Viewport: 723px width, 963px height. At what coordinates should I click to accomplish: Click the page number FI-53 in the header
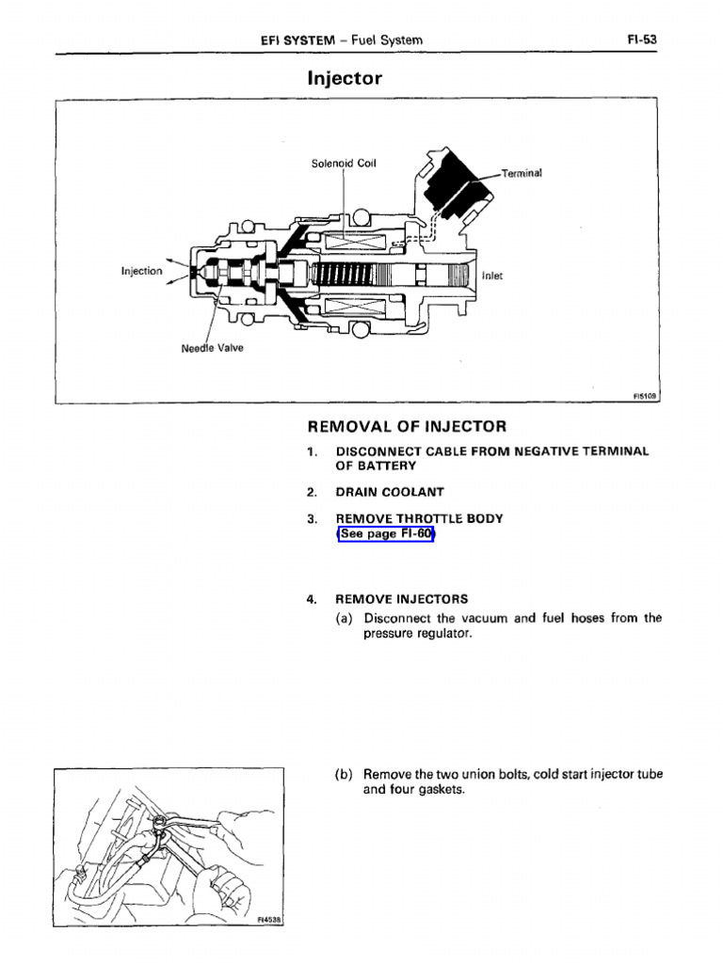[x=641, y=39]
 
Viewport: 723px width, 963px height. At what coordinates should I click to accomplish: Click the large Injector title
[x=345, y=78]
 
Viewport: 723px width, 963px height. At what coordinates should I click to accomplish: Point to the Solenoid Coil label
[x=344, y=164]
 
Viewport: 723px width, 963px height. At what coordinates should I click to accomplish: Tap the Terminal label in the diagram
[x=522, y=173]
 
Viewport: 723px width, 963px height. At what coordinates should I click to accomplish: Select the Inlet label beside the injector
[x=491, y=276]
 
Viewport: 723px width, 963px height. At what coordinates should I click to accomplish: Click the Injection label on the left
[x=141, y=272]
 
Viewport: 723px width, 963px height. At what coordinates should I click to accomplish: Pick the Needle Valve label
[x=212, y=349]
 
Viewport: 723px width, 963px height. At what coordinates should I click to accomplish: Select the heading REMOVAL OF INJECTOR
[x=407, y=427]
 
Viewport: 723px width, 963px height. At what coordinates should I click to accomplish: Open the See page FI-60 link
[x=386, y=534]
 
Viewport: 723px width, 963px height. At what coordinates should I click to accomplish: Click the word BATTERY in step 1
[x=376, y=466]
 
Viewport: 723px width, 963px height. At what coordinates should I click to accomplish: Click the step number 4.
[x=311, y=599]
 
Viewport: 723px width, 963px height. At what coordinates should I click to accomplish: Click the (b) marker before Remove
[x=344, y=775]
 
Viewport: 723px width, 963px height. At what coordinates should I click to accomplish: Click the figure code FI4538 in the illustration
[x=269, y=921]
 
